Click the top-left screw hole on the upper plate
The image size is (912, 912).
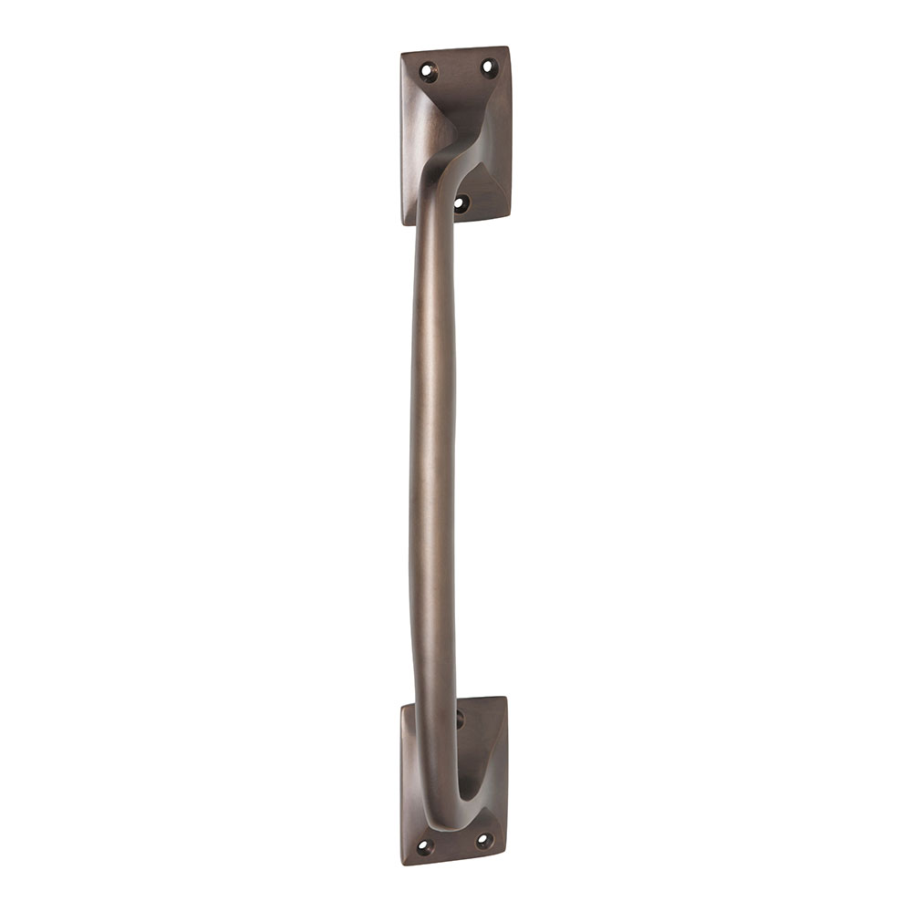click(427, 69)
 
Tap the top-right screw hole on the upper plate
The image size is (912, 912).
click(488, 67)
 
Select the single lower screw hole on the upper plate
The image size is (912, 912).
click(461, 203)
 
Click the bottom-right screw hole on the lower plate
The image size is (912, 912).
click(484, 839)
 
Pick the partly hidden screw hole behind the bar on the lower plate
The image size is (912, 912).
click(459, 720)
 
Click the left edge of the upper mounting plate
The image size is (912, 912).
click(402, 137)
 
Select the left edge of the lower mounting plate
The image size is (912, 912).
click(402, 784)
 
